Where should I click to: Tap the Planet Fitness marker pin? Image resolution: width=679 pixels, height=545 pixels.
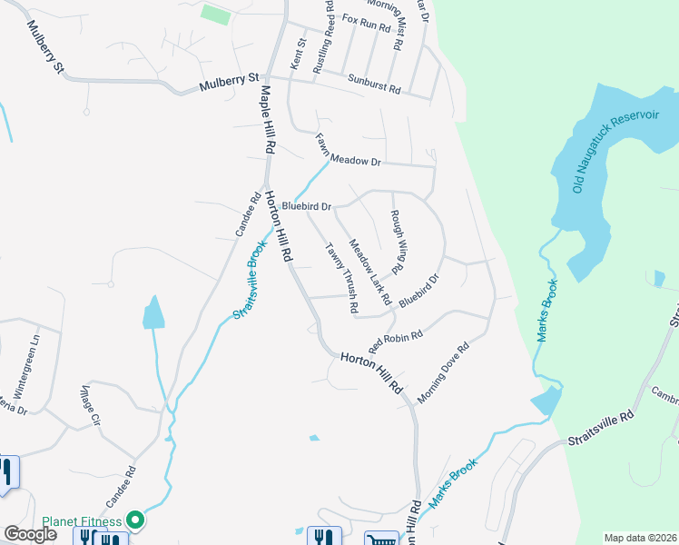[136, 520]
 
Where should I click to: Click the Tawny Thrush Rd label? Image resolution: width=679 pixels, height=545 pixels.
[340, 276]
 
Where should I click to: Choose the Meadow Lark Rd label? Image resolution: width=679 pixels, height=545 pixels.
[369, 272]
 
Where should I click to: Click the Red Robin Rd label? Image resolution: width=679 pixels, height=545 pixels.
[396, 342]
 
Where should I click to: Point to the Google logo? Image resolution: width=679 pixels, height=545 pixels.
[30, 534]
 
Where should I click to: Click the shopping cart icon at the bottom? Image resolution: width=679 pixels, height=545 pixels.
[381, 539]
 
